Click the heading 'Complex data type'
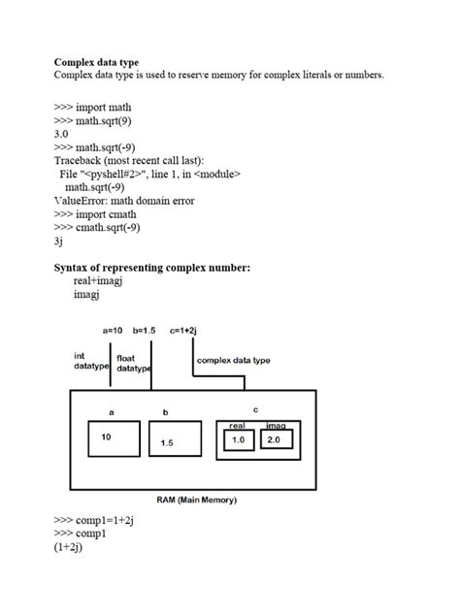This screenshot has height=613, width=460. point(96,62)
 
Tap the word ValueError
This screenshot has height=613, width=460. point(79,201)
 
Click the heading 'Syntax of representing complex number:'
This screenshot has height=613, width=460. point(151,267)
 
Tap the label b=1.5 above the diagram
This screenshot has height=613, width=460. point(149,331)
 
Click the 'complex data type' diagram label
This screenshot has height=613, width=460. point(233,360)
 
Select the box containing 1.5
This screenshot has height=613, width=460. point(168,443)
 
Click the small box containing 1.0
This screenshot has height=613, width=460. point(238,440)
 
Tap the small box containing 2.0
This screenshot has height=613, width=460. point(274,440)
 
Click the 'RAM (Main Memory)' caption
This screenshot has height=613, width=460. point(197,500)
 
